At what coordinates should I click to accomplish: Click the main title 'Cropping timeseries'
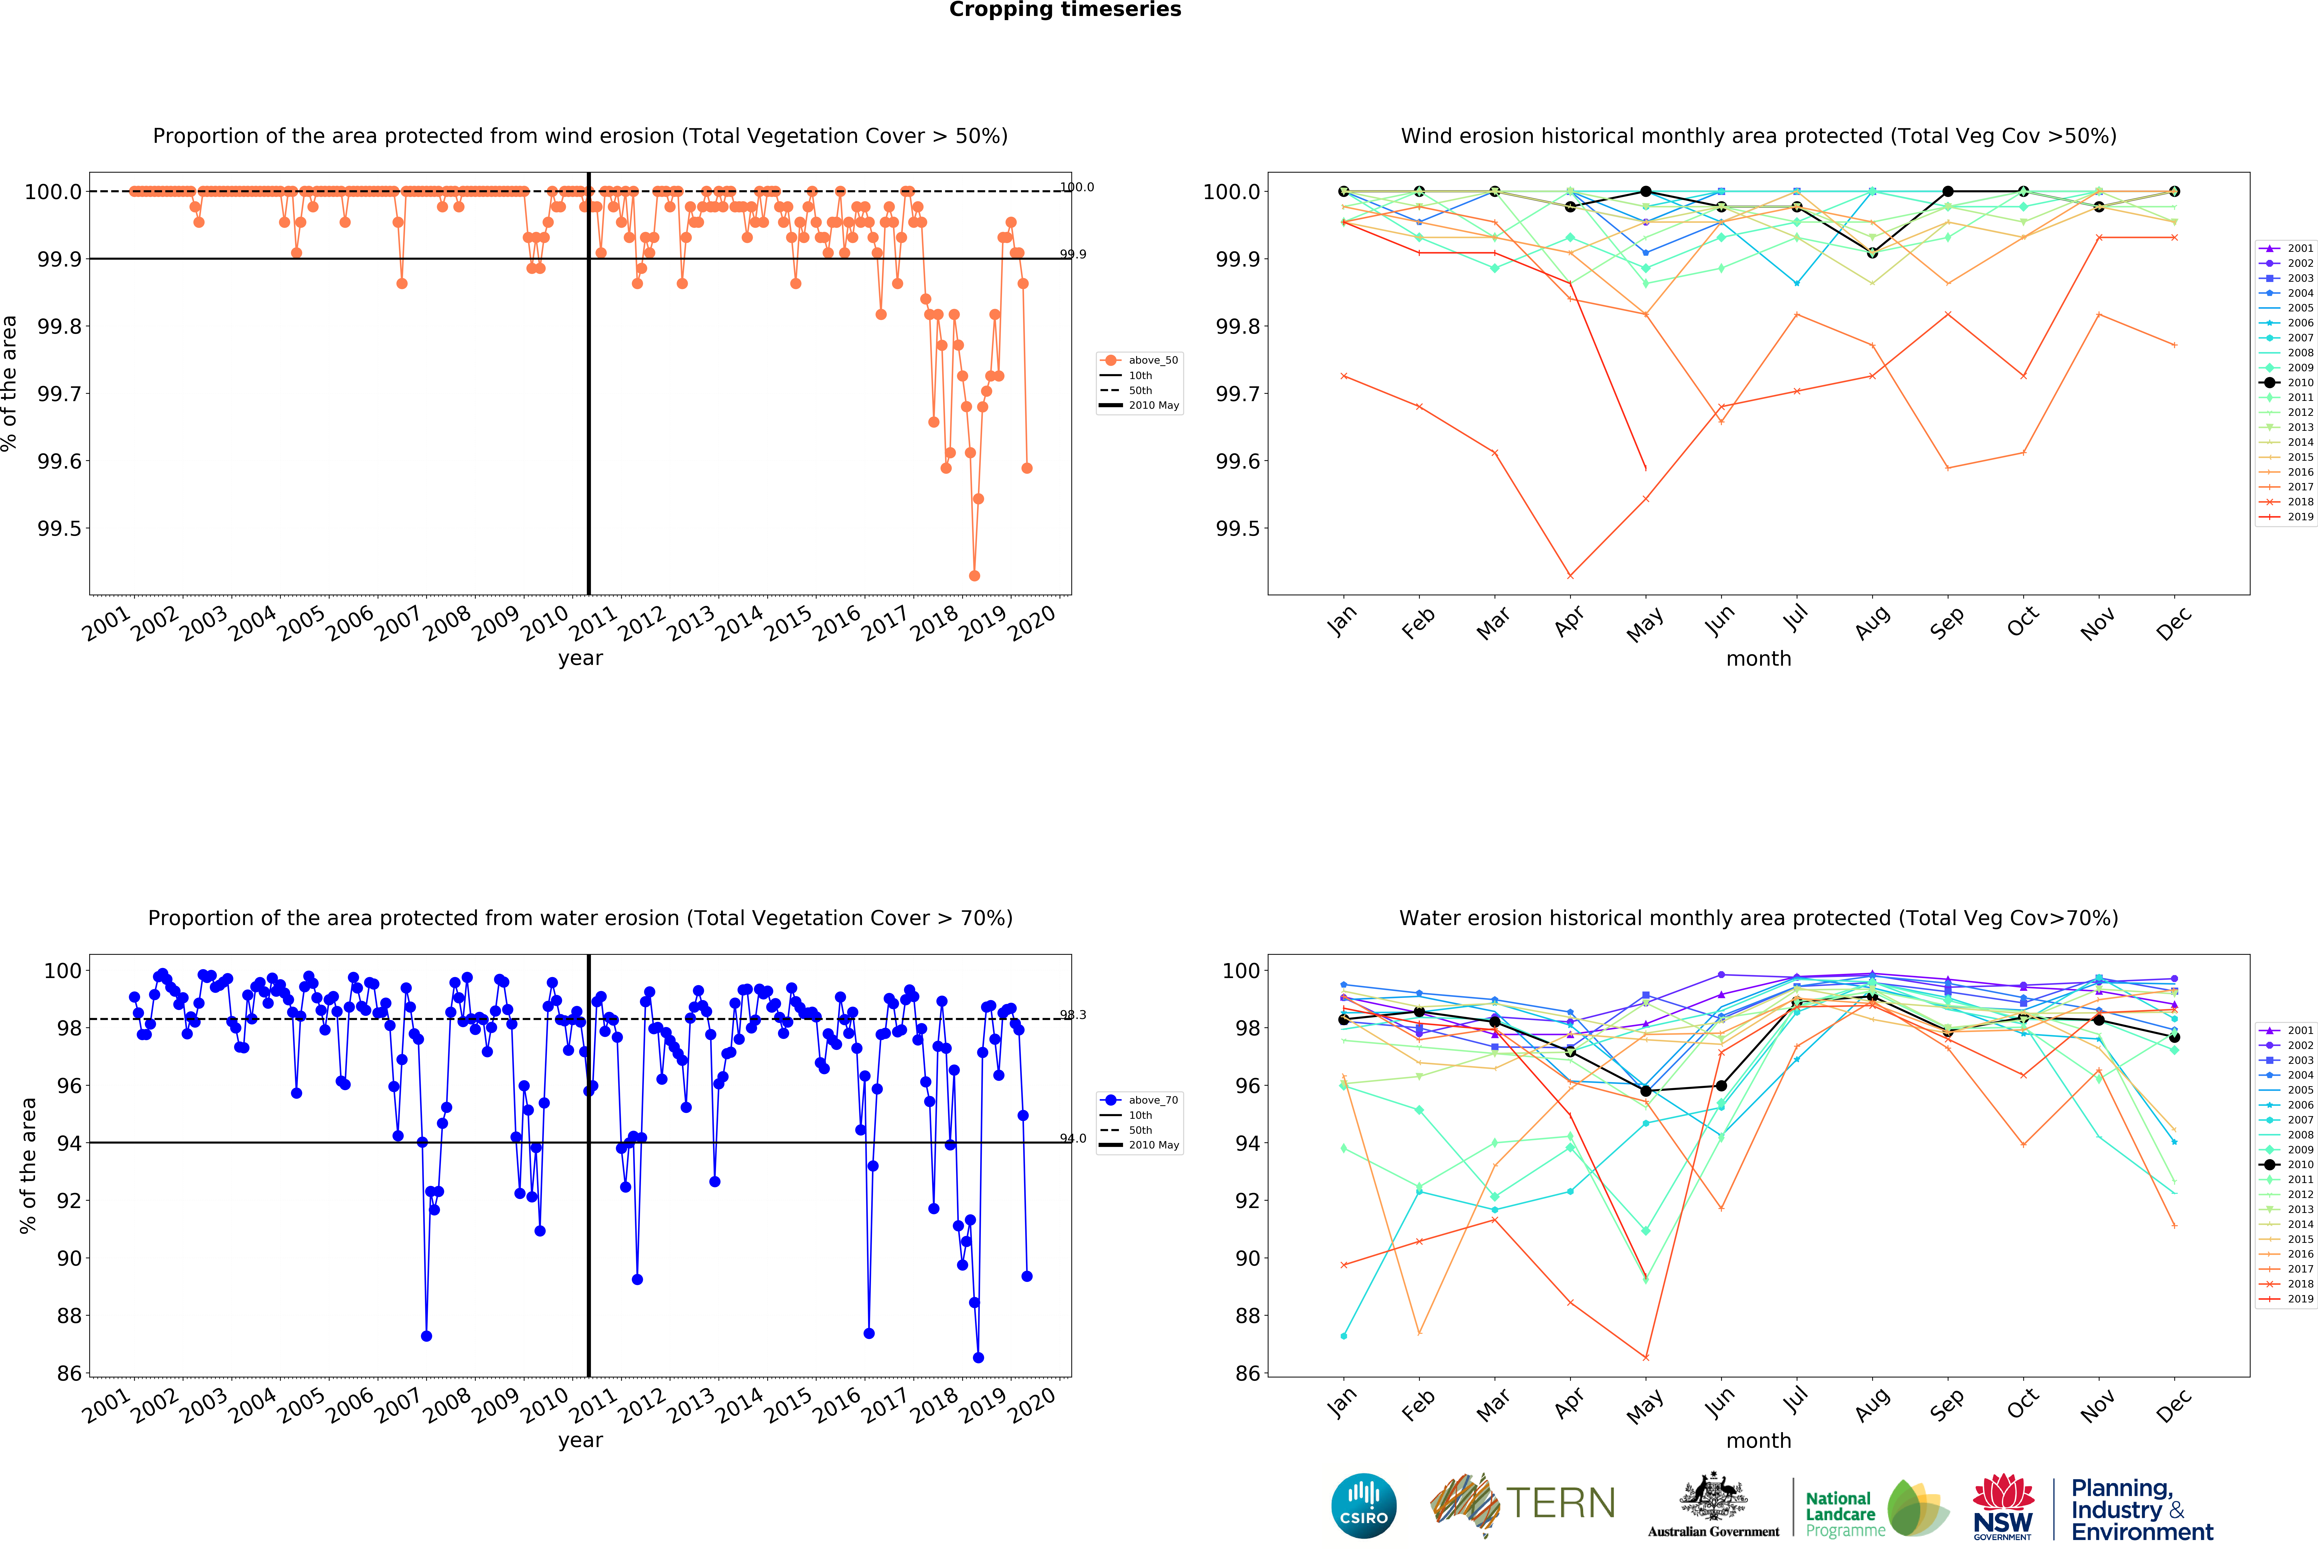pyautogui.click(x=1064, y=10)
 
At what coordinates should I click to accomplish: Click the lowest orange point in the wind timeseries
pyautogui.click(x=974, y=575)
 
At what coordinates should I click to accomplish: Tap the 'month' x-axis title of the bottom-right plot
pyautogui.click(x=1758, y=1440)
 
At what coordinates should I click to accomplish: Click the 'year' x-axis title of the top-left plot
pyautogui.click(x=580, y=658)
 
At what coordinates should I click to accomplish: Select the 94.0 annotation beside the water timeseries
pyautogui.click(x=1073, y=1138)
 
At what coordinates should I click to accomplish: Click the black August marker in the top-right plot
pyautogui.click(x=1872, y=252)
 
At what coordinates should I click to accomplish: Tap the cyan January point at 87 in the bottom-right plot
pyautogui.click(x=1344, y=1336)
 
